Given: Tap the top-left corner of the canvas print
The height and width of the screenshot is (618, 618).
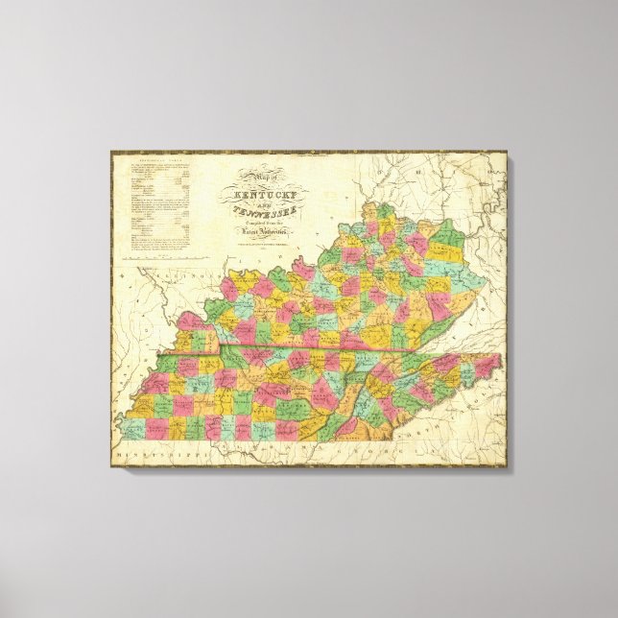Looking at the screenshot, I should point(110,150).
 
